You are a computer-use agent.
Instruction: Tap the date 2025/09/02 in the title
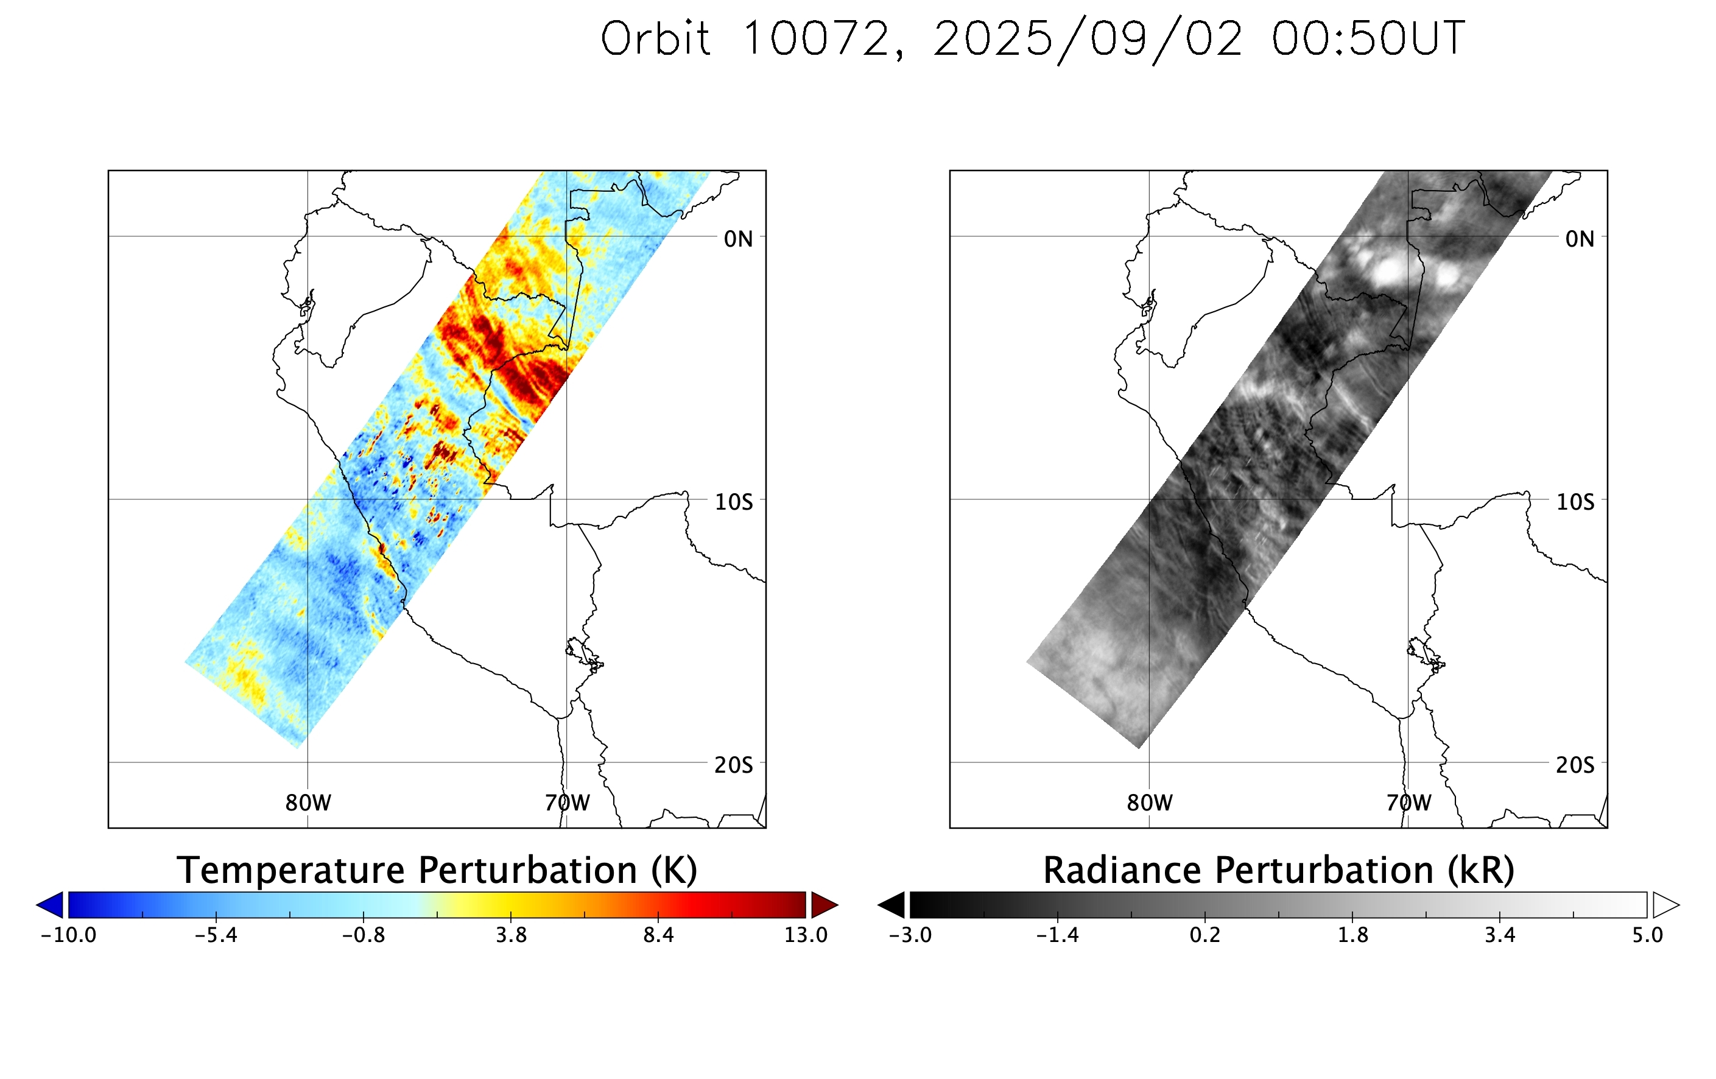[x=1088, y=39]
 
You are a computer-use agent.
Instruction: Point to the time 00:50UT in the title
[x=1368, y=38]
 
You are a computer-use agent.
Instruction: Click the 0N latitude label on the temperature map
[x=738, y=239]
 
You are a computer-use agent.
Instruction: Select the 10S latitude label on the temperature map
[x=733, y=502]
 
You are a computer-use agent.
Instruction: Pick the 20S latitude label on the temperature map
[x=733, y=765]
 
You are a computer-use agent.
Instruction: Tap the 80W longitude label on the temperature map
[x=308, y=803]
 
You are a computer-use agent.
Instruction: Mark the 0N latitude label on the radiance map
[x=1580, y=239]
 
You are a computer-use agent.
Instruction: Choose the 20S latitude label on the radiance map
[x=1575, y=765]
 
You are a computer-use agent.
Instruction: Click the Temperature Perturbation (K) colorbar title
[x=437, y=870]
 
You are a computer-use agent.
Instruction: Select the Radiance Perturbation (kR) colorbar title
[x=1278, y=870]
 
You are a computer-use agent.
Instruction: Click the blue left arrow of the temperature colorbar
[x=51, y=904]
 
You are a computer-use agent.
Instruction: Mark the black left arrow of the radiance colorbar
[x=893, y=904]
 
